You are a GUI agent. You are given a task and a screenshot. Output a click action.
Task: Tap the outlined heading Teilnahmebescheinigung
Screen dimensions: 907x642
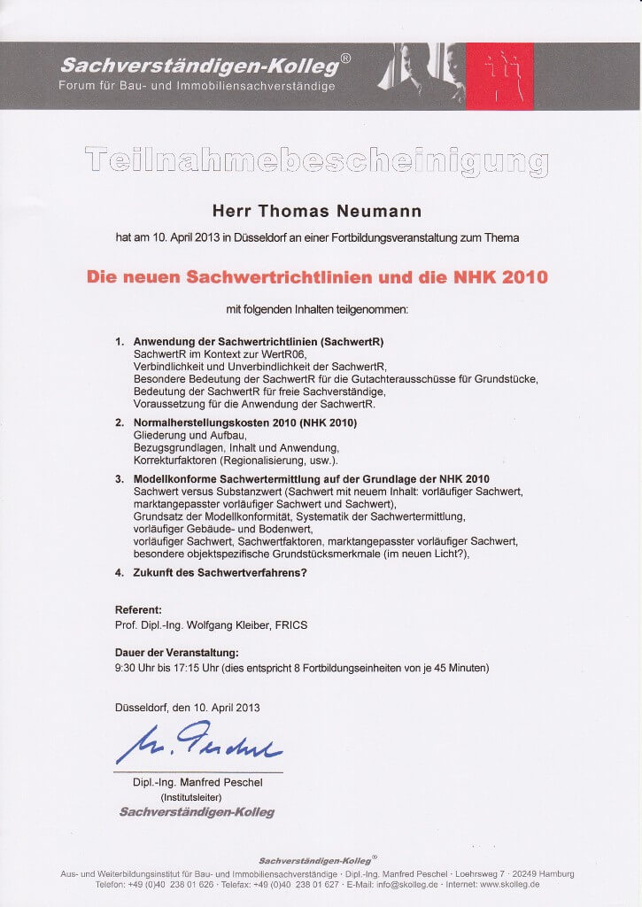click(x=316, y=161)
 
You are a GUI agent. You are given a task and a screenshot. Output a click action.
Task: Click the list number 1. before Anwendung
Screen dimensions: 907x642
click(x=120, y=341)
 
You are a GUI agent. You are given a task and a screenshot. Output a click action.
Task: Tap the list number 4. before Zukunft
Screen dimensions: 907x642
click(x=120, y=572)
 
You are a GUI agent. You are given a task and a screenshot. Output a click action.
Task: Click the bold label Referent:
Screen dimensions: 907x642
click(x=139, y=610)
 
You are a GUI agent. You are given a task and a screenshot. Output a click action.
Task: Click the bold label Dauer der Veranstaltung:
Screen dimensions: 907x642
click(x=177, y=653)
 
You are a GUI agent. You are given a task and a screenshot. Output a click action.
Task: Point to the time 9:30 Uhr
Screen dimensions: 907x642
click(x=140, y=668)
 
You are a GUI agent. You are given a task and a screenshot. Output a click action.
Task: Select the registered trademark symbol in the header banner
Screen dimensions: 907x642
click(x=345, y=58)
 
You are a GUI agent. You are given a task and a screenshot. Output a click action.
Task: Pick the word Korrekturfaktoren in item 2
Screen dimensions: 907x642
click(x=175, y=461)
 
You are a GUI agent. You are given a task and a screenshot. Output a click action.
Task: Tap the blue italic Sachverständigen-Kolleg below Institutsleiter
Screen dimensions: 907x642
click(x=197, y=811)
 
